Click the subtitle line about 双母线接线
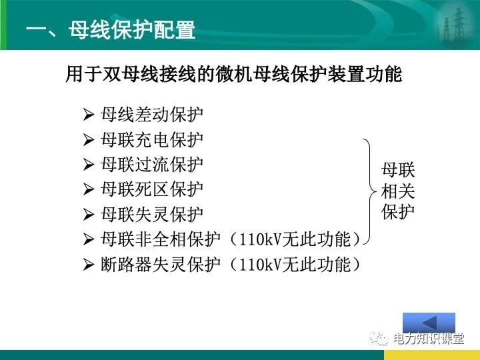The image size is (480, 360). coord(233,73)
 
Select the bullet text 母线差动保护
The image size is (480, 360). coord(152,115)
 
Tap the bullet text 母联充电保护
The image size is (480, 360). coord(152,140)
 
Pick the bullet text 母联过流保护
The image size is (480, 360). coord(152,165)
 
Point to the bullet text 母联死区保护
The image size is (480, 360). coord(152,190)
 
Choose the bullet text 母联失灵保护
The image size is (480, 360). coord(152,215)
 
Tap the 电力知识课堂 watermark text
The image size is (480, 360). coord(428,340)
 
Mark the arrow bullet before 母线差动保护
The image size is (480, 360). coord(89,115)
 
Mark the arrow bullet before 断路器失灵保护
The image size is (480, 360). coord(89,265)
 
